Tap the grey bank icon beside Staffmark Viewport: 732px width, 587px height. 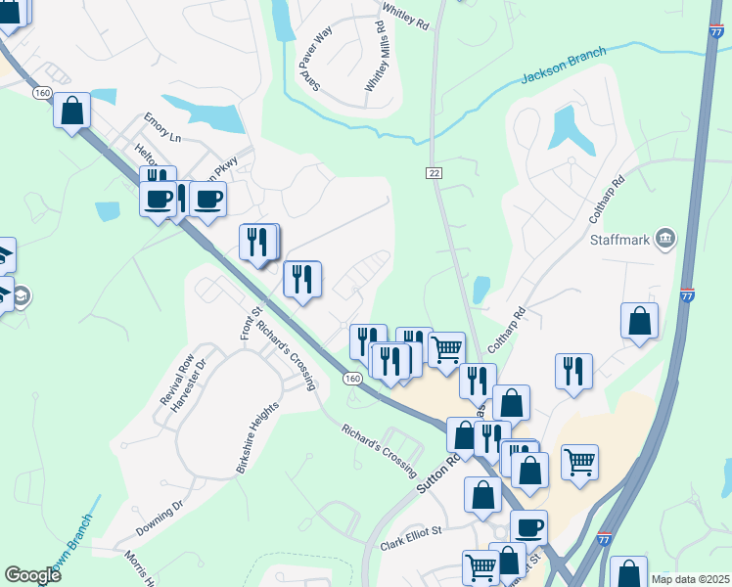pyautogui.click(x=665, y=238)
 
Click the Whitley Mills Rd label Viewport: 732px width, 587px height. pyautogui.click(x=377, y=56)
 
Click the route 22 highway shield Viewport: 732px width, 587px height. pyautogui.click(x=433, y=173)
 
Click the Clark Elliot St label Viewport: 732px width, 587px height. pyautogui.click(x=412, y=537)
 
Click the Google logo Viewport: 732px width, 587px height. pyautogui.click(x=32, y=575)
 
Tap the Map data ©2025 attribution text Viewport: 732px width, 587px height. pyautogui.click(x=689, y=579)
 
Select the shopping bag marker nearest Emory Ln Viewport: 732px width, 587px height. pyautogui.click(x=72, y=110)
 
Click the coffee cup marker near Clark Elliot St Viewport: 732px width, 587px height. pyautogui.click(x=529, y=527)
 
